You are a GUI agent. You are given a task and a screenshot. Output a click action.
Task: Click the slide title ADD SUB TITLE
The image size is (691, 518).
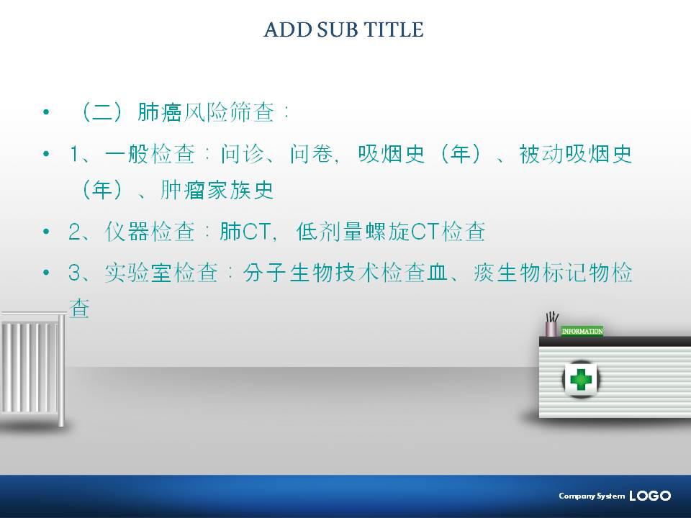(x=344, y=29)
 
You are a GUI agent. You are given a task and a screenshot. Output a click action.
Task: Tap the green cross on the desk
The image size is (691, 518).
(x=580, y=379)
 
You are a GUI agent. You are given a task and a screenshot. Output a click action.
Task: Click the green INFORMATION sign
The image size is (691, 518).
(x=582, y=331)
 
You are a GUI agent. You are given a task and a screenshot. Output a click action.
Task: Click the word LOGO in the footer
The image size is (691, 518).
(x=650, y=496)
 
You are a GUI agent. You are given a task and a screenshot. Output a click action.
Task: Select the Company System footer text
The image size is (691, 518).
(x=592, y=496)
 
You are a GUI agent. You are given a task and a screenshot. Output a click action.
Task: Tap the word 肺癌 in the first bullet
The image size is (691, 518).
(x=160, y=112)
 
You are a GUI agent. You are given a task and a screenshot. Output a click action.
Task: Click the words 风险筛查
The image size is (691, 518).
(x=229, y=112)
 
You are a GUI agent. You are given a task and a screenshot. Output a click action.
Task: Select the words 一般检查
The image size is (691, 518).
(x=150, y=154)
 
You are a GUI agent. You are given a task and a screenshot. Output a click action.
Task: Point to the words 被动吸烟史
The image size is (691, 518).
(x=575, y=154)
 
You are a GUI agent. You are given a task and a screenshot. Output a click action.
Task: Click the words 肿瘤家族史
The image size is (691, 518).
(x=217, y=190)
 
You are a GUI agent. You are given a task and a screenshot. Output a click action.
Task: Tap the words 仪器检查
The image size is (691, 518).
(x=150, y=232)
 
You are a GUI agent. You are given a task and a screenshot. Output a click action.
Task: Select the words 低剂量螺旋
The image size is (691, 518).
(x=353, y=232)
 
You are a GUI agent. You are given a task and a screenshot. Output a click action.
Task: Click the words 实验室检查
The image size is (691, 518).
(x=161, y=273)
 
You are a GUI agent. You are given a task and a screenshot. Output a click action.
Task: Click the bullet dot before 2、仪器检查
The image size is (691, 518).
(x=46, y=232)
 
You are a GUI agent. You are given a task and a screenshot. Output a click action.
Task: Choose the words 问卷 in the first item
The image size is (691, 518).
(x=312, y=154)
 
